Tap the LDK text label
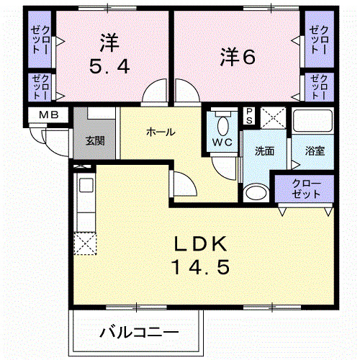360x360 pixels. coord(200,243)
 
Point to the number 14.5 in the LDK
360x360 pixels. coord(200,268)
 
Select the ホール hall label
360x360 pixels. coord(160,132)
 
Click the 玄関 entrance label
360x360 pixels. coord(94,140)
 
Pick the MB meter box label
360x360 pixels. coord(48,114)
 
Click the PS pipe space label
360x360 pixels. coord(249,117)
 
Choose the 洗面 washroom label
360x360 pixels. coord(264,151)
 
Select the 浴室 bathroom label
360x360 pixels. coord(315,151)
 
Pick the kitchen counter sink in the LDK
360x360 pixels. coord(85,187)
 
